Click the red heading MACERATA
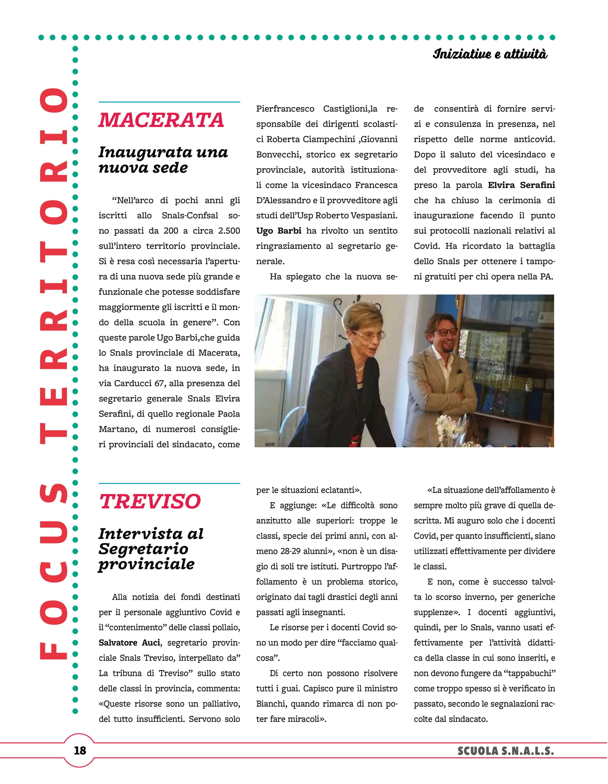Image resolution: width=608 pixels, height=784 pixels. tap(161, 120)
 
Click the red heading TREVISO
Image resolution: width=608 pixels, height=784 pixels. tap(150, 501)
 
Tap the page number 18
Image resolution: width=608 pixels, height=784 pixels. tap(80, 750)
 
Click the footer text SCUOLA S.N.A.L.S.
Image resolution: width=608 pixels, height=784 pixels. tap(506, 751)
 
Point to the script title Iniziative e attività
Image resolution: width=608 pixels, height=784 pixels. tap(490, 54)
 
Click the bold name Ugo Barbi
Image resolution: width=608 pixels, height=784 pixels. tap(279, 231)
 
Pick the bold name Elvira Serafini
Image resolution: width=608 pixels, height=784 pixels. tap(521, 185)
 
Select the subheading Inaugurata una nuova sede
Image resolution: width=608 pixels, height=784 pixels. tap(163, 160)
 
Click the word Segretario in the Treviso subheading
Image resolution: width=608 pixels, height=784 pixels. tap(143, 549)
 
